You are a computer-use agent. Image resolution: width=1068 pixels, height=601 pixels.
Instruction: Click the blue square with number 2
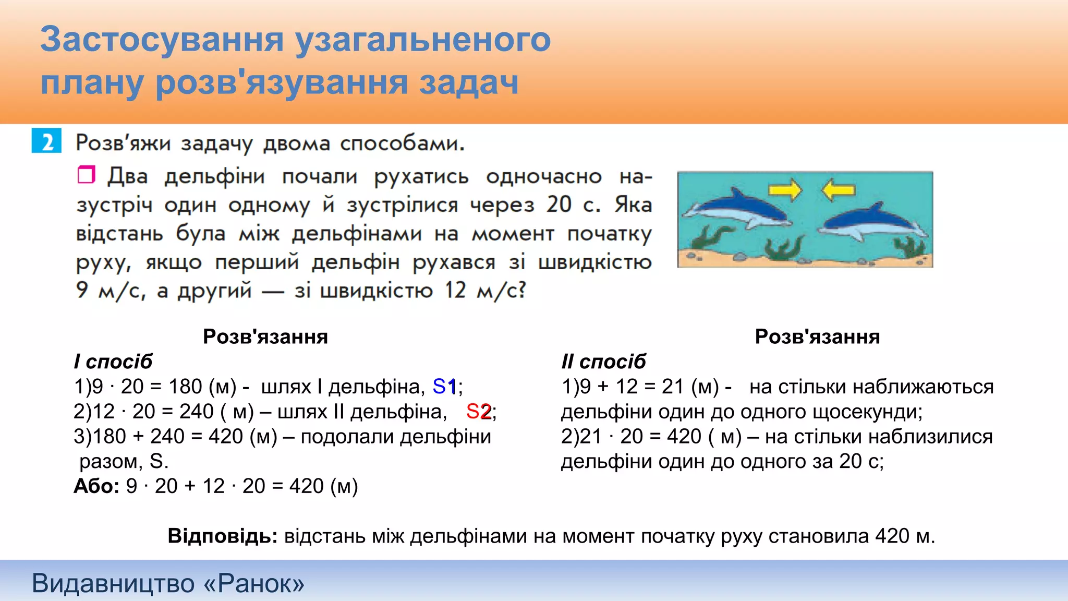46,141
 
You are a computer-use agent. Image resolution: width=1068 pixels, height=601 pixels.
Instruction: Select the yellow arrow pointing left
838,190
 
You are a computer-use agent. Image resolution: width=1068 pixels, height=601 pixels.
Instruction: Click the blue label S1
444,387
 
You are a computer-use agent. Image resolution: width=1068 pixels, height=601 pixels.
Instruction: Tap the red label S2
478,412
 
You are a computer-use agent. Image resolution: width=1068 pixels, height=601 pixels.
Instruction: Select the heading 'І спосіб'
113,362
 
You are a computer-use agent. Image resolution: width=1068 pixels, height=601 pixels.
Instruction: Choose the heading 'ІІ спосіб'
603,362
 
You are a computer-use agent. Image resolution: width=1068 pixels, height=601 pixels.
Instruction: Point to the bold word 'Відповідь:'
223,536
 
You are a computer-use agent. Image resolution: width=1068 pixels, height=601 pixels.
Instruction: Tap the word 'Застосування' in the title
162,40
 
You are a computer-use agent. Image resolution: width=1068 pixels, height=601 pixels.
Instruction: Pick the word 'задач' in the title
469,83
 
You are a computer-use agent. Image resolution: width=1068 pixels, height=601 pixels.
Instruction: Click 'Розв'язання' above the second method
817,336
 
